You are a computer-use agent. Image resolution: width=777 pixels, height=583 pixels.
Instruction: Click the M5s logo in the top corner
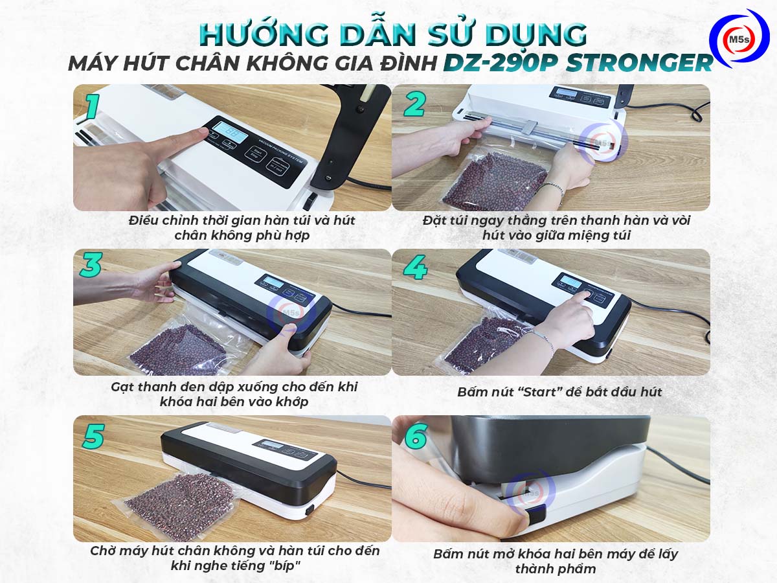click(739, 39)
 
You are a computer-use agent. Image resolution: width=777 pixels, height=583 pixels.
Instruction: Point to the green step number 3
click(91, 264)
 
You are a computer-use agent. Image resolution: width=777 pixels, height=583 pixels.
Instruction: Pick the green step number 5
click(93, 436)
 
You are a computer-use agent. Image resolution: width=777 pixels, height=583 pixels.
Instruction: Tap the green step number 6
click(416, 436)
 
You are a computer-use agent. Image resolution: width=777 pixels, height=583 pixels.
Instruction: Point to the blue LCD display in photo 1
click(231, 132)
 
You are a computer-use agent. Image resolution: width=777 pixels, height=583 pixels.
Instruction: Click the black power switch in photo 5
click(310, 510)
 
